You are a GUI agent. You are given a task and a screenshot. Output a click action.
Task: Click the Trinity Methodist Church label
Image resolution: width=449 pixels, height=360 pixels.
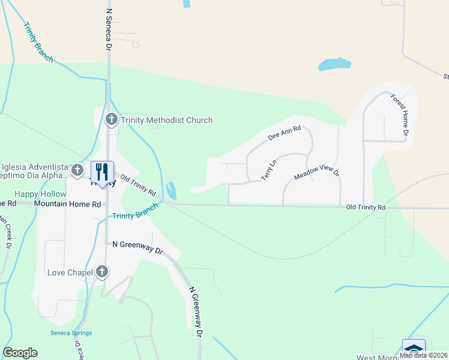coord(166,120)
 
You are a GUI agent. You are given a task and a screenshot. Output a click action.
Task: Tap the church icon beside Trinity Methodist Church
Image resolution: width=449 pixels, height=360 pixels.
coord(111,120)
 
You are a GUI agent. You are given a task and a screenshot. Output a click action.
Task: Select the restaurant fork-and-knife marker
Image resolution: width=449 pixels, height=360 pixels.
coord(102,172)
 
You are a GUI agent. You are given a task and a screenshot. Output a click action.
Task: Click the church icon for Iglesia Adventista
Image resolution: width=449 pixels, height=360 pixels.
coord(77,170)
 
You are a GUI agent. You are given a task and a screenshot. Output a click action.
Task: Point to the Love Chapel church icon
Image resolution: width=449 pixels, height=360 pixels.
coord(102,272)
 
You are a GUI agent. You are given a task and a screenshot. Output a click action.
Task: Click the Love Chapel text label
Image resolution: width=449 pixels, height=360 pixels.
coord(70,273)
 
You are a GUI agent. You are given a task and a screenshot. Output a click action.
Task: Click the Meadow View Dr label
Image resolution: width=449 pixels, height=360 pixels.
coord(317,173)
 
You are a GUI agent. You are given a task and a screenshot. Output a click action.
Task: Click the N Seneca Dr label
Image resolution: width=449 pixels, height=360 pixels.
coord(109,28)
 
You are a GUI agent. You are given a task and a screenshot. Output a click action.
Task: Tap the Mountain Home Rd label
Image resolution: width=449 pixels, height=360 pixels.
coord(67,204)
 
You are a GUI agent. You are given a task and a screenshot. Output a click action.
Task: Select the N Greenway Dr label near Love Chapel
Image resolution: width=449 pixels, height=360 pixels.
coord(137,247)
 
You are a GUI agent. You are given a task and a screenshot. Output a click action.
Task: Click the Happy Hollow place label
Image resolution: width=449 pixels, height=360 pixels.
coord(40,194)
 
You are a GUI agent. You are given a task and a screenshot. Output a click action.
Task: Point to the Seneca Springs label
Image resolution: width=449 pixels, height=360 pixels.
coord(71,333)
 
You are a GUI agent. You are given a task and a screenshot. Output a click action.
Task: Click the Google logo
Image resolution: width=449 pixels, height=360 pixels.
coord(20,353)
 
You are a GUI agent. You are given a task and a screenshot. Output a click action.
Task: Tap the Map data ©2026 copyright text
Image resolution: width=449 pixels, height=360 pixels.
coord(424,355)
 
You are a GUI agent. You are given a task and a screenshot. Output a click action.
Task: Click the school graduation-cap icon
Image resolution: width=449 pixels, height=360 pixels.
coord(414,348)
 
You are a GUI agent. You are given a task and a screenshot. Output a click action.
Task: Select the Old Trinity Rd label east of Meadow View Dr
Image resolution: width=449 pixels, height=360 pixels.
coord(366,207)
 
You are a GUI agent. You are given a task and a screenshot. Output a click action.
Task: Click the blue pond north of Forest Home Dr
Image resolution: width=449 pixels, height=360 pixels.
coord(334,64)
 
